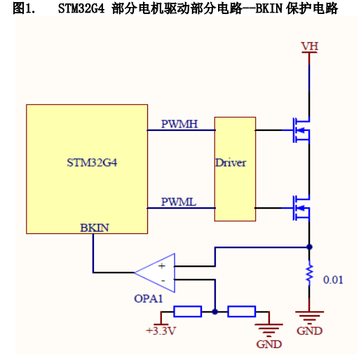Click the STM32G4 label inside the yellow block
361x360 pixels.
[92, 162]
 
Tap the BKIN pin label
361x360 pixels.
[95, 228]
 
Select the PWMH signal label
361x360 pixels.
[179, 124]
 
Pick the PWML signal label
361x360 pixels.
[179, 202]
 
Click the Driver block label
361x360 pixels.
[231, 162]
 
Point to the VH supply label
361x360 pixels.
[309, 46]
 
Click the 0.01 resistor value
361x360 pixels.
[333, 279]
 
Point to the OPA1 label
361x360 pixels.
[148, 298]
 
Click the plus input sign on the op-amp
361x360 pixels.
[162, 266]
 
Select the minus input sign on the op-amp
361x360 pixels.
[163, 280]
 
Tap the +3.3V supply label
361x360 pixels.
[161, 331]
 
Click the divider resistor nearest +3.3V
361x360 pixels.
[188, 312]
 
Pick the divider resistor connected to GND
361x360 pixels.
[242, 312]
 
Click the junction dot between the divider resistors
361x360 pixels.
[215, 312]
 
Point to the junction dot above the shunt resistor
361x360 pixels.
[309, 247]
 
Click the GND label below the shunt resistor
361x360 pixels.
[309, 331]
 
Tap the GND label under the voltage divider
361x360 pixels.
[269, 344]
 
